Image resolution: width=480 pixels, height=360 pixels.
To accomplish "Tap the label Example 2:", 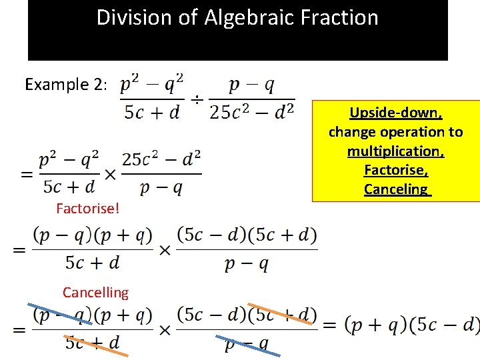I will point(65,85).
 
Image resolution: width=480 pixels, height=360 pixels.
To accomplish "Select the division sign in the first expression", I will point(197,100).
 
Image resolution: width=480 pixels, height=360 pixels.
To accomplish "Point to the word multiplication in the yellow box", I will point(396,151).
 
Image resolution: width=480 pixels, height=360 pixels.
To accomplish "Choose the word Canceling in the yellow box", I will point(396,189).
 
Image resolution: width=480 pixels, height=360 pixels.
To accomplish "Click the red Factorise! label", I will point(88,209).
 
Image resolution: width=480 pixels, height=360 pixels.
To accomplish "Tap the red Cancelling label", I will point(95,292).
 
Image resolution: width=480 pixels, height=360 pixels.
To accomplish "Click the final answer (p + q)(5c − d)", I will point(411,325).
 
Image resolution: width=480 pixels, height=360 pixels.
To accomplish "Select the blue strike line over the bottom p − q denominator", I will point(248,344).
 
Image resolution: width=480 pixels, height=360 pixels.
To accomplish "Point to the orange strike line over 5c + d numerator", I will point(280,314).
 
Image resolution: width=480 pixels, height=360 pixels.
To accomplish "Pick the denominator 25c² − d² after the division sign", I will point(251,111).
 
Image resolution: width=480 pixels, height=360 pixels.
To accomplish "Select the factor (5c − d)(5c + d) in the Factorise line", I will point(247,235).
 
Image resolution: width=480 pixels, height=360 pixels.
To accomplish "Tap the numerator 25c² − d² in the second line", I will point(161,160).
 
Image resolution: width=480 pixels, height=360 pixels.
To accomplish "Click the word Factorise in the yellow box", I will point(395,170).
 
